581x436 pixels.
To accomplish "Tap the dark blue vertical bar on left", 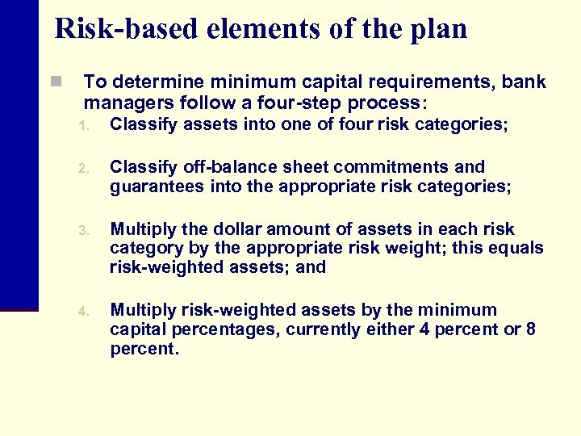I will click(19, 153).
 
